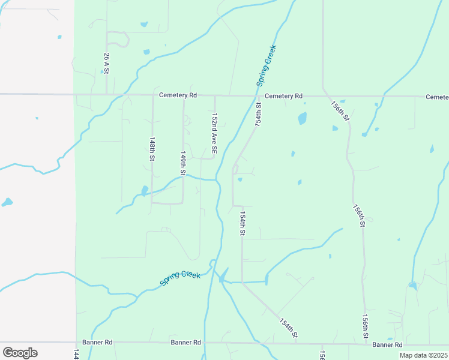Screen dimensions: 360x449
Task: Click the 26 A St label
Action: coord(106,63)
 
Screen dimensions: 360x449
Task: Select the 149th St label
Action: coord(183,163)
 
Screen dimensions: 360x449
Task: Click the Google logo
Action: coord(20,352)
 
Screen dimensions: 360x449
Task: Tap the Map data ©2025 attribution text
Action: coord(422,355)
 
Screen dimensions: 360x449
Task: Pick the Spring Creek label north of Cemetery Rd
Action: coord(267,66)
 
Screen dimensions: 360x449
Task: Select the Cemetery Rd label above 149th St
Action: coord(178,95)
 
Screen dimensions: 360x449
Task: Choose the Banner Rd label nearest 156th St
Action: coord(387,344)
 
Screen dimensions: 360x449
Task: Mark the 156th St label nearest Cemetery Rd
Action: coord(340,110)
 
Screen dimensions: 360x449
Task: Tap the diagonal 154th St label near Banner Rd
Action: coord(289,328)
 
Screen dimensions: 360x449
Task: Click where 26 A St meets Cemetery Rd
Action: coord(107,94)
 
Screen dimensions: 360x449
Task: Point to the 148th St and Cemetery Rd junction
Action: coord(152,95)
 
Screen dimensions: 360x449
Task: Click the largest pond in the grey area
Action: coord(7,202)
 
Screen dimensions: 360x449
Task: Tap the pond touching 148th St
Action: coord(144,191)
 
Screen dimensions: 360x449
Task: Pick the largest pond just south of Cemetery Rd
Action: coord(302,118)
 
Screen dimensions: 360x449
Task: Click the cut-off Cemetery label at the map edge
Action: coord(437,97)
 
